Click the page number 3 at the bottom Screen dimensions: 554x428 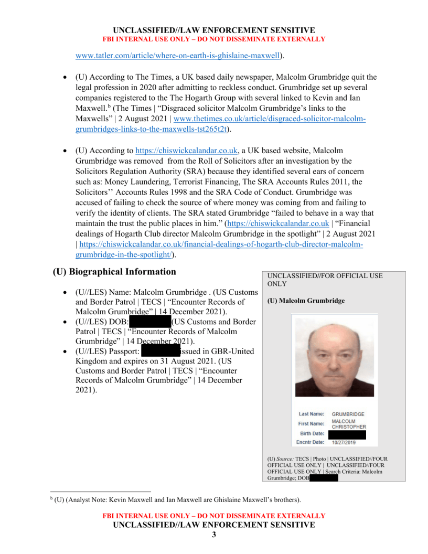(x=213, y=535)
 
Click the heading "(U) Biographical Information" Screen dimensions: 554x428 (x=114, y=272)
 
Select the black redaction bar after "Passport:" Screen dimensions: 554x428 (x=160, y=351)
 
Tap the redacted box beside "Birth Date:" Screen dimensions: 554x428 (x=347, y=434)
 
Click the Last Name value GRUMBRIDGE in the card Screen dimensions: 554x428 (x=348, y=414)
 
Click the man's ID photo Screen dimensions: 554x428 (x=334, y=357)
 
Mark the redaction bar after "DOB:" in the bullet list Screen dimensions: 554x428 (x=149, y=321)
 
